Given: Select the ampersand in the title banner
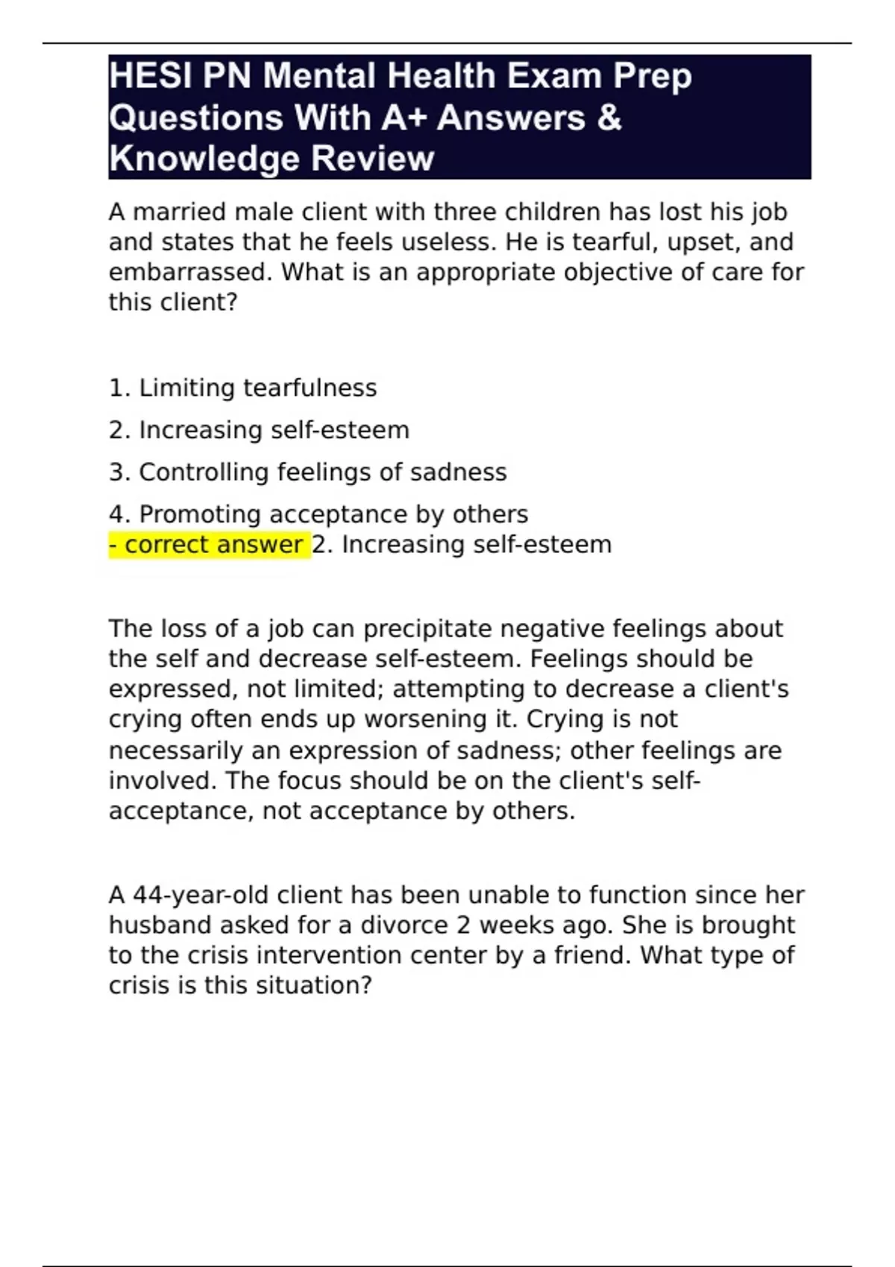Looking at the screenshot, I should [x=609, y=118].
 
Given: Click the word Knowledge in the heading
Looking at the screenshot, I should [x=204, y=159].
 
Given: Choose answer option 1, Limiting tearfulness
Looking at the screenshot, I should [x=242, y=388].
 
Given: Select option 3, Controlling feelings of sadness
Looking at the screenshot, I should [x=307, y=473].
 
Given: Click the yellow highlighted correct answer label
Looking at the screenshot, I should [x=210, y=545].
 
